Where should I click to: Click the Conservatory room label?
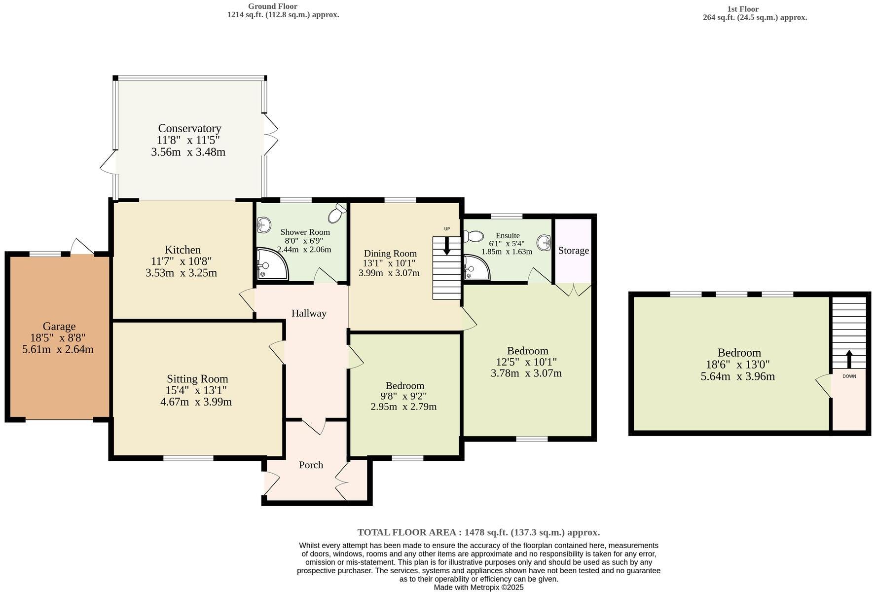[x=189, y=129]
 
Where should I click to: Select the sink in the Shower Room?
[x=264, y=226]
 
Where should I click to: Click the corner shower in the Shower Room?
[x=272, y=263]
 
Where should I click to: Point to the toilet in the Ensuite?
[x=473, y=236]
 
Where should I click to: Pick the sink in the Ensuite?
[x=544, y=242]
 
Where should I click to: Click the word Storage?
[x=573, y=251]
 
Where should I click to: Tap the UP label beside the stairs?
[x=447, y=229]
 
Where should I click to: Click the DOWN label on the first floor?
[x=849, y=376]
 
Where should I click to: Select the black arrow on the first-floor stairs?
[x=849, y=359]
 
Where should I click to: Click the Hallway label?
[x=309, y=313]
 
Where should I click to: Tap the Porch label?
[x=311, y=465]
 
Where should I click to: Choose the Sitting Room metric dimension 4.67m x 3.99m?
[x=196, y=402]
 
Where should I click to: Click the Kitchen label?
[x=182, y=250]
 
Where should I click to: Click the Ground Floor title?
[x=273, y=6]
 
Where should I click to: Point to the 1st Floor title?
[x=742, y=9]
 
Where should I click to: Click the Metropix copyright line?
[x=478, y=588]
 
